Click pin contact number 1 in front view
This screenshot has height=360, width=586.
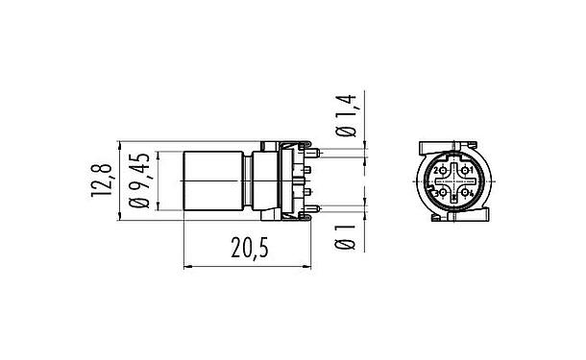[467, 171]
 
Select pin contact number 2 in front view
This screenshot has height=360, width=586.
[440, 171]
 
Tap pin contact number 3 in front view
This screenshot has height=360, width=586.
[440, 193]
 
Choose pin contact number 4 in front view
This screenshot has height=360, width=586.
[467, 193]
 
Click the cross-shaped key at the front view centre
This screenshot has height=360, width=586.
[453, 181]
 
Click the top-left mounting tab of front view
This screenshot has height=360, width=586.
[424, 146]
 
